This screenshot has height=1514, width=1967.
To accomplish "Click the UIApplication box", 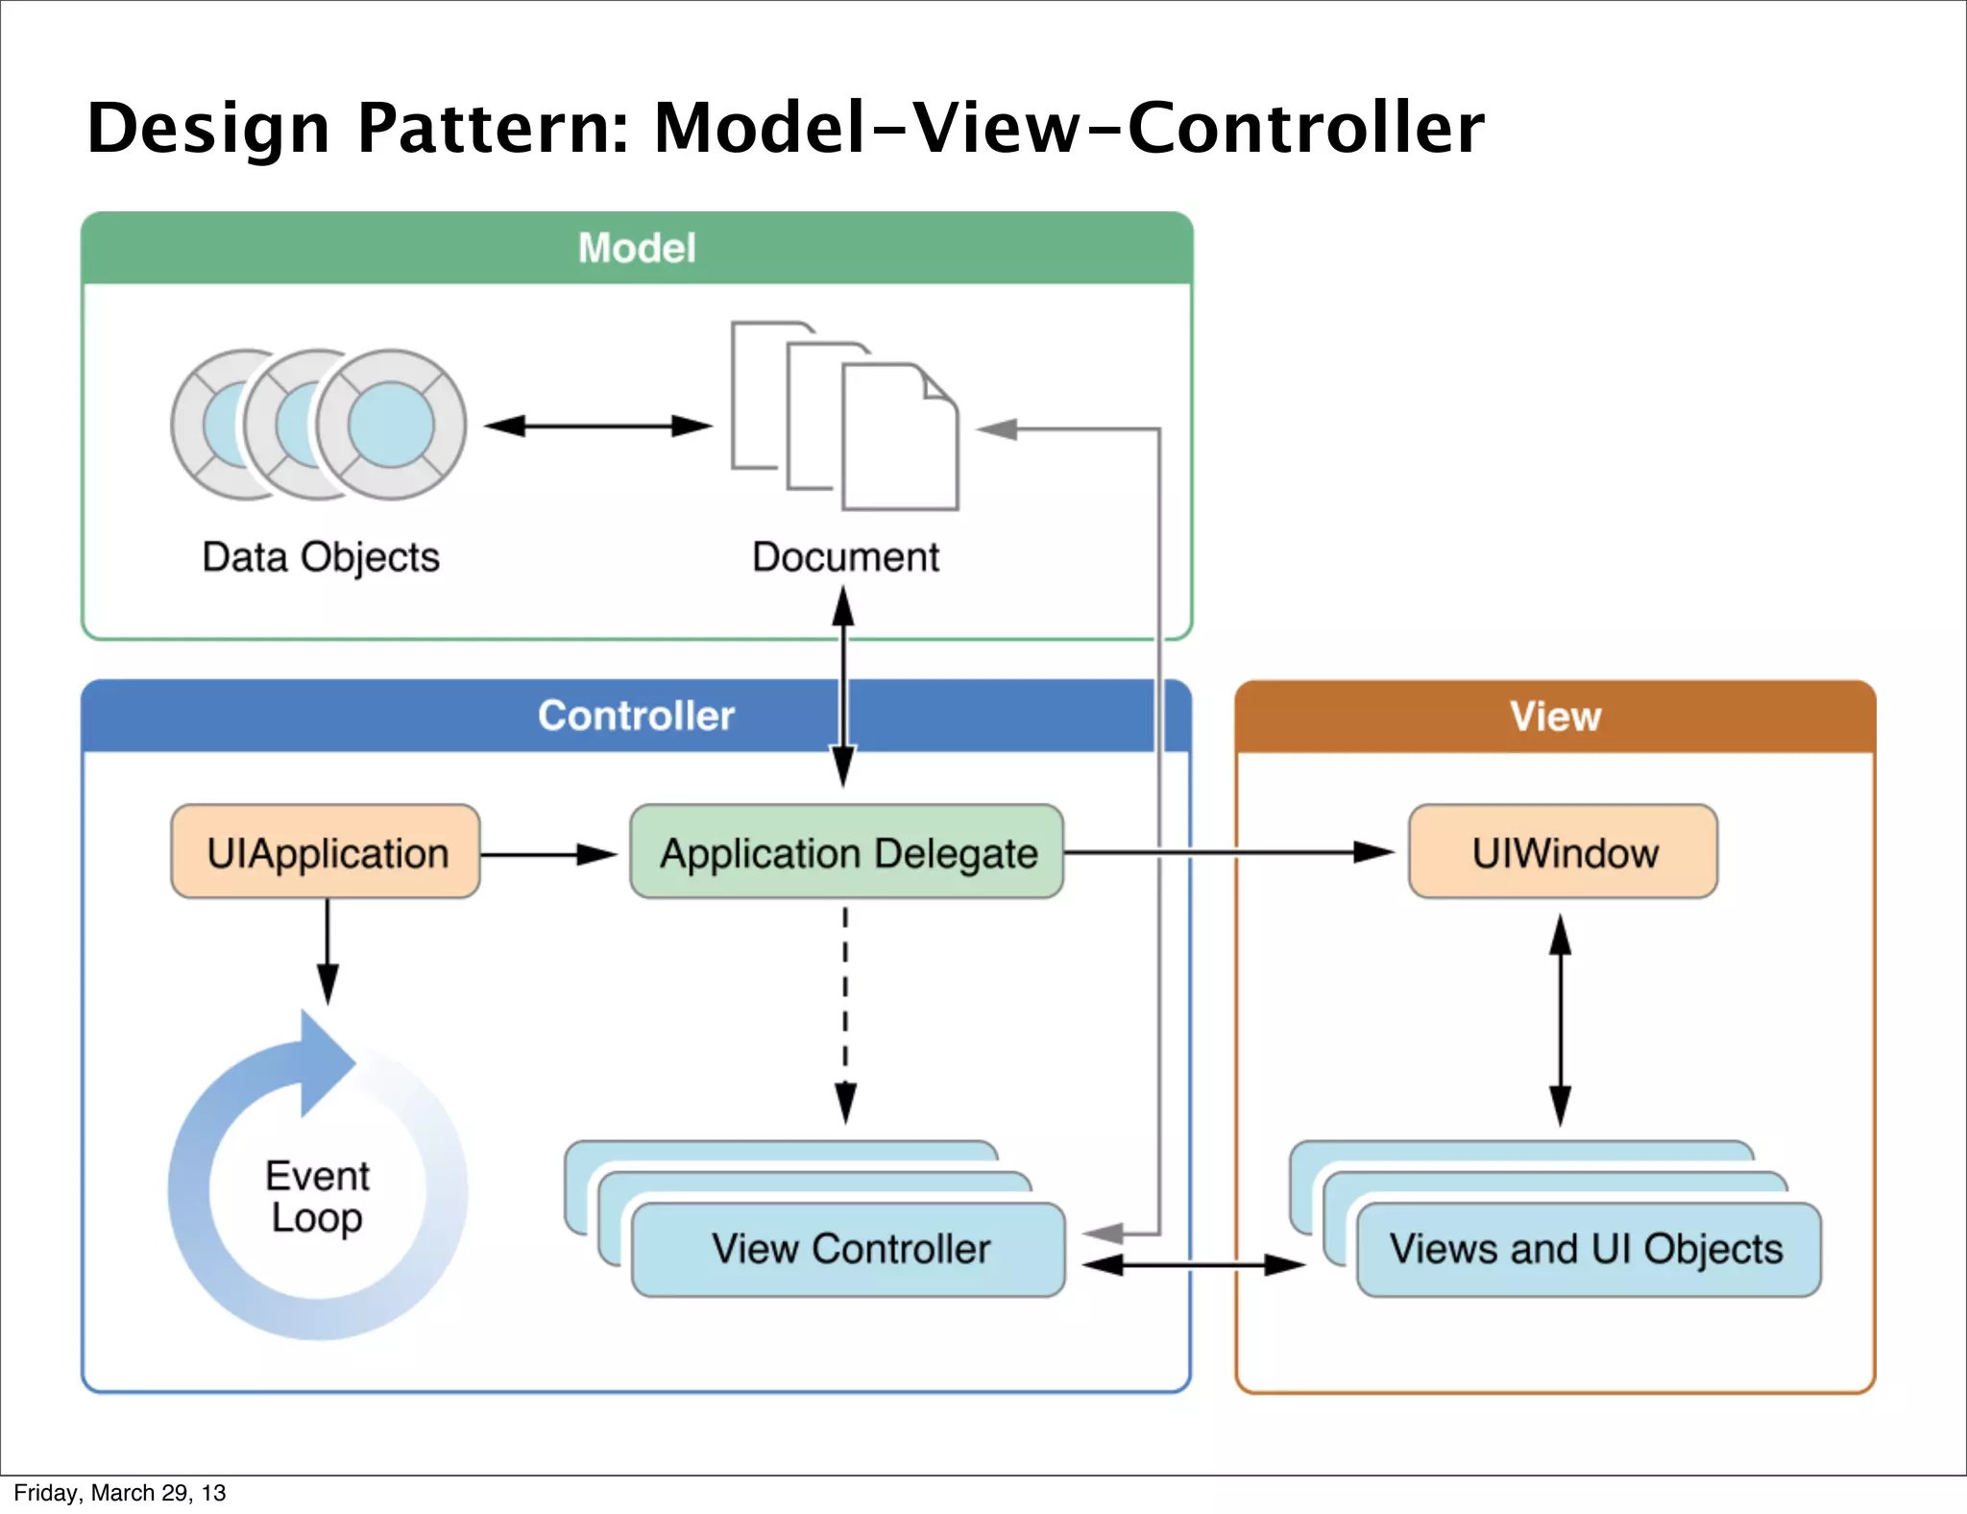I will click(326, 852).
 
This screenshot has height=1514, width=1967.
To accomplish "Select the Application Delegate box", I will click(846, 852).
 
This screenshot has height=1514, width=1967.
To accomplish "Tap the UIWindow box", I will click(1563, 852).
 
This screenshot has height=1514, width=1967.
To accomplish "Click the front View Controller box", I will click(849, 1250).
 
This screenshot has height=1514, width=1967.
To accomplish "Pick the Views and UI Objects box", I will click(1588, 1250).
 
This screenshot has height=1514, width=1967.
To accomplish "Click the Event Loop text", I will click(317, 1196).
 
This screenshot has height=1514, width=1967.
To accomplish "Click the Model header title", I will click(636, 248).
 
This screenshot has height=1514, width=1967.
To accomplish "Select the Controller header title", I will click(636, 716).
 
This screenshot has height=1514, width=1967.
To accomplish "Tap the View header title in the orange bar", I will click(1555, 717).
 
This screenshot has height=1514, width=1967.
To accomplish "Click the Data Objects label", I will click(321, 557).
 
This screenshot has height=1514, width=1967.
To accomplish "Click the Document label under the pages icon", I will click(845, 557).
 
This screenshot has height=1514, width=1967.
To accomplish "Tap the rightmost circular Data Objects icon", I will click(391, 424).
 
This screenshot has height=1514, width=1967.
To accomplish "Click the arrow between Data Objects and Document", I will click(597, 426).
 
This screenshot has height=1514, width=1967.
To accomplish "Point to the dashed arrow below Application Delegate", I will click(845, 1009).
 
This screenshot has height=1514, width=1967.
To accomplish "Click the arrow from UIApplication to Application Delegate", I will click(547, 853).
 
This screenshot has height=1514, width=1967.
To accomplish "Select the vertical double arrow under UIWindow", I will click(1561, 1018).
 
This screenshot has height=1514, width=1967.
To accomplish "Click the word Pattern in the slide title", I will click(492, 128).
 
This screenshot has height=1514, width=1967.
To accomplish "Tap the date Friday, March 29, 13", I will click(119, 1492).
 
